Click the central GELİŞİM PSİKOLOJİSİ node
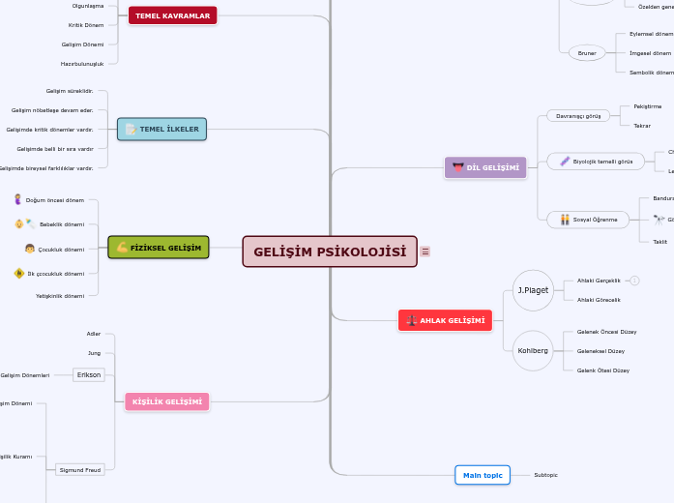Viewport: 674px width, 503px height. pos(330,251)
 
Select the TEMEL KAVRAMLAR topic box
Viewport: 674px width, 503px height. pos(172,15)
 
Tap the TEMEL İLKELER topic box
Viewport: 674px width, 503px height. pos(161,129)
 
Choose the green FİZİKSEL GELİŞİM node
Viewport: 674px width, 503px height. pos(159,248)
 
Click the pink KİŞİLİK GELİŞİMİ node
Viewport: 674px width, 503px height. pos(166,401)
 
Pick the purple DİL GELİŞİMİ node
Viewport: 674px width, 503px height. pos(485,167)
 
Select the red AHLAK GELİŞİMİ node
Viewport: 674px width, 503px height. pos(445,320)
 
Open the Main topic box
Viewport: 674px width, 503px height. pos(482,475)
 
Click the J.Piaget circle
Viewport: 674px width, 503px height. pos(533,290)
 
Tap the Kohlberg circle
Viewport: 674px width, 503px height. pos(533,350)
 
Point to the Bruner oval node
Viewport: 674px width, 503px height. pos(587,53)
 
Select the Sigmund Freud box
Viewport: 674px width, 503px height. pos(80,470)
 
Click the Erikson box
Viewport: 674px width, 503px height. pos(88,374)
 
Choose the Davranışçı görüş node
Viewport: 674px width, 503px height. pos(578,115)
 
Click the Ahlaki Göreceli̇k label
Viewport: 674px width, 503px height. pos(599,300)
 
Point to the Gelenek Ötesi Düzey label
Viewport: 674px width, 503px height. pos(602,370)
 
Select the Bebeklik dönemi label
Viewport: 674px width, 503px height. pos(61,224)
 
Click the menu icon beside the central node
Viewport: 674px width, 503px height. pos(425,251)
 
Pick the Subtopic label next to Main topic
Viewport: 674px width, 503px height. pos(545,475)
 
